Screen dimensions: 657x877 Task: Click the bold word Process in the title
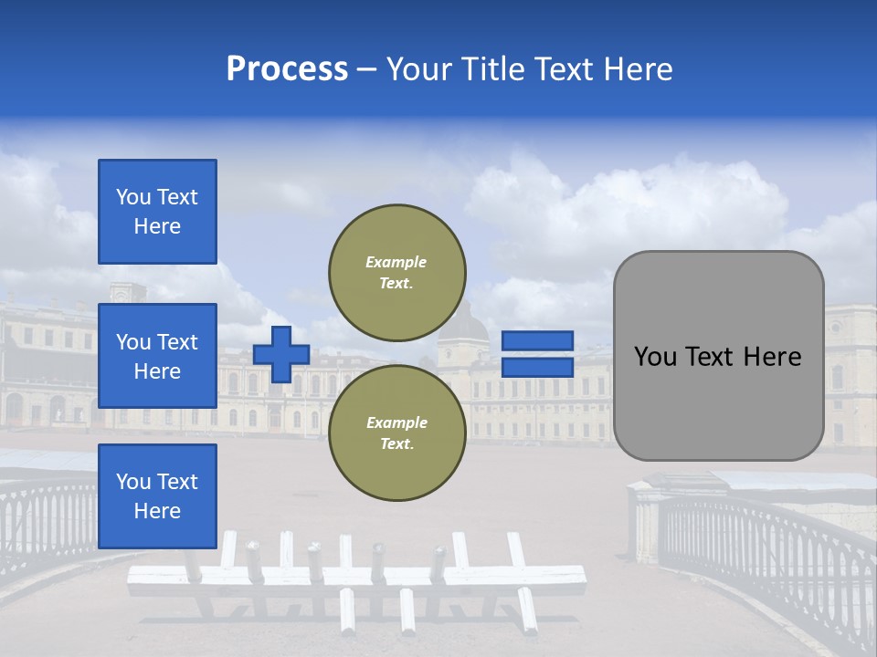pos(287,69)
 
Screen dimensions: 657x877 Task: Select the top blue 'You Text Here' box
pos(157,212)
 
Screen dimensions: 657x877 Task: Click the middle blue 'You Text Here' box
pos(157,356)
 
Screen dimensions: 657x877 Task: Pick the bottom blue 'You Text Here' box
pos(157,495)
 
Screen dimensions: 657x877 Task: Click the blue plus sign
pos(281,354)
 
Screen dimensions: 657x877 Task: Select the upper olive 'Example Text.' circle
pos(396,272)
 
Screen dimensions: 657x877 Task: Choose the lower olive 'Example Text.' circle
pos(396,433)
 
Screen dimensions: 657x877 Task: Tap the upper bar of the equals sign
pos(537,341)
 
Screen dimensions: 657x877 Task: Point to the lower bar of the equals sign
pos(537,367)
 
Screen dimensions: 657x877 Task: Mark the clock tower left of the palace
pos(127,294)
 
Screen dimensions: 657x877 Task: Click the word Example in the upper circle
pos(396,262)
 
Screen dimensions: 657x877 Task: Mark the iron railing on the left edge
pos(46,520)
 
